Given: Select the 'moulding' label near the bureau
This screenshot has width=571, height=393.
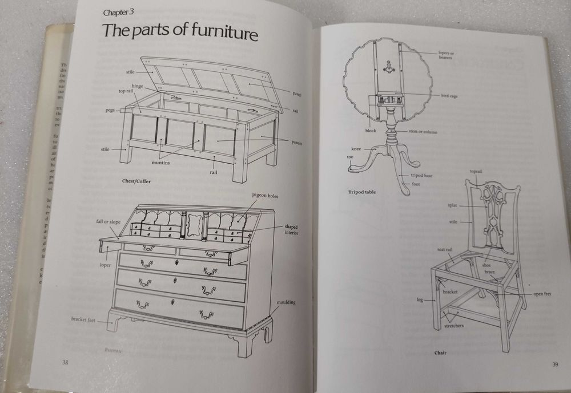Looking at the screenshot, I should tap(286, 302).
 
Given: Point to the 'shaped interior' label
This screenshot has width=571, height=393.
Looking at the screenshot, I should tap(291, 229).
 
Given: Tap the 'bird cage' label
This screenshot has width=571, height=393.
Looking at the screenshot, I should tap(449, 96).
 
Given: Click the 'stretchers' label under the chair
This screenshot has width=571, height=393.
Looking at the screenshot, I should tap(454, 326).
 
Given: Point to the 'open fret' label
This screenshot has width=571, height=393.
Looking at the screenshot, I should tap(542, 294).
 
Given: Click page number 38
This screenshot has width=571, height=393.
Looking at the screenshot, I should tap(67, 362).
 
